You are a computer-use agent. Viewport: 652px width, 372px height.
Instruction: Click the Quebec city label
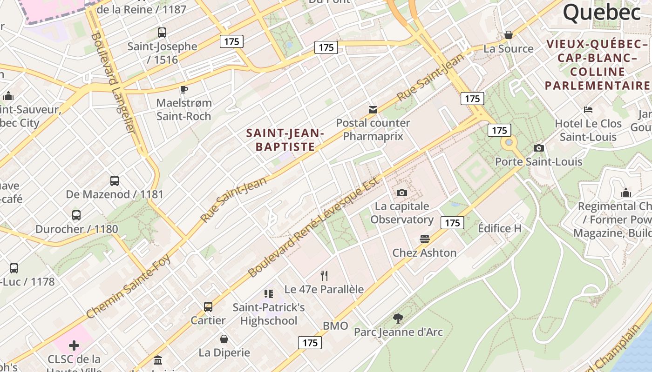(x=602, y=13)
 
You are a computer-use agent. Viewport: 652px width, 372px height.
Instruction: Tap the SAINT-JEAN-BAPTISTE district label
(x=285, y=140)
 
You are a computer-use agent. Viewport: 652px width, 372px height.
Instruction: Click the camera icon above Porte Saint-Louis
(x=539, y=148)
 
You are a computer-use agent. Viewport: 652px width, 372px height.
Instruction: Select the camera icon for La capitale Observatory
(x=401, y=193)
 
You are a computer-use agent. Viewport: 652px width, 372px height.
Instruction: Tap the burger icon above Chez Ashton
(x=424, y=239)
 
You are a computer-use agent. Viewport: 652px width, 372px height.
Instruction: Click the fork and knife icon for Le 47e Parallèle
(x=324, y=276)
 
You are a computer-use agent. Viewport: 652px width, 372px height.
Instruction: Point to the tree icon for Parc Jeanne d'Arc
(x=398, y=319)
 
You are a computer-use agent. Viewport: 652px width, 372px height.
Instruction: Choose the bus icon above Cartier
(x=208, y=307)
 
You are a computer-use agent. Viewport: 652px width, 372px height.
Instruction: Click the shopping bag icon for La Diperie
(x=224, y=339)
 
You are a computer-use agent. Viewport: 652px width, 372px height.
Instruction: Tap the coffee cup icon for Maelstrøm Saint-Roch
(x=184, y=89)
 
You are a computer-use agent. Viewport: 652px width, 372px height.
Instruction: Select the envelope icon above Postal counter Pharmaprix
(x=373, y=110)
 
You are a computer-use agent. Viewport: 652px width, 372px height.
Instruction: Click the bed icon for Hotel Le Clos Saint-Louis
(x=588, y=110)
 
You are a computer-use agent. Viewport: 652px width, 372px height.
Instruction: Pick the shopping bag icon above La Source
(x=509, y=35)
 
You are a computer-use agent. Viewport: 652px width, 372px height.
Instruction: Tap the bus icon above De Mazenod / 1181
(x=115, y=181)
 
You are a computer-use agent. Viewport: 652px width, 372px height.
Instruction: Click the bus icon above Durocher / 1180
(x=76, y=215)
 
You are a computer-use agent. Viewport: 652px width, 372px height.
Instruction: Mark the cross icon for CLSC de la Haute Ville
(x=74, y=345)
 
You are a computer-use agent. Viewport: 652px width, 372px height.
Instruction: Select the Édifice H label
(x=500, y=228)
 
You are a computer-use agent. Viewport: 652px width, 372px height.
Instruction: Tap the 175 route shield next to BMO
(x=310, y=343)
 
